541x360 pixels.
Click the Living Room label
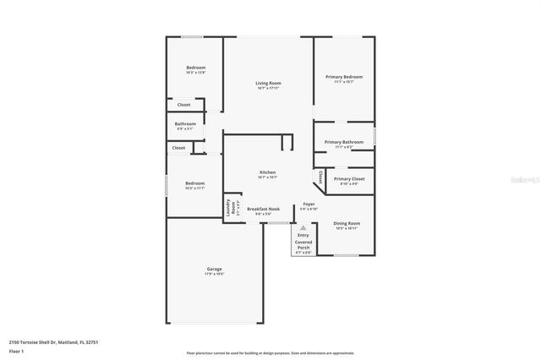coord(269,83)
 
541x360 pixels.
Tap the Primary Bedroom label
coord(343,77)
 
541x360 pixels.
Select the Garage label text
coord(214,270)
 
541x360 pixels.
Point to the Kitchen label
coord(267,173)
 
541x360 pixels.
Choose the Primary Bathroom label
coord(343,142)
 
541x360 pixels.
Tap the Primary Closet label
coord(349,179)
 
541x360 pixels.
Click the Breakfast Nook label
coord(264,209)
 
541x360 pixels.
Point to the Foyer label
coord(309,205)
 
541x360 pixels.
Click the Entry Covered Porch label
coord(303,242)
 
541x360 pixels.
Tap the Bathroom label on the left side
coord(185,124)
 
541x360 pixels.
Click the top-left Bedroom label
coord(195,68)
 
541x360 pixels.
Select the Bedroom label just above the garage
coord(195,183)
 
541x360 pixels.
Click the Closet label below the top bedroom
coord(183,105)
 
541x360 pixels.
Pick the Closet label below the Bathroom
coord(178,148)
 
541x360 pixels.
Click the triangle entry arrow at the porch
coord(303,229)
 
